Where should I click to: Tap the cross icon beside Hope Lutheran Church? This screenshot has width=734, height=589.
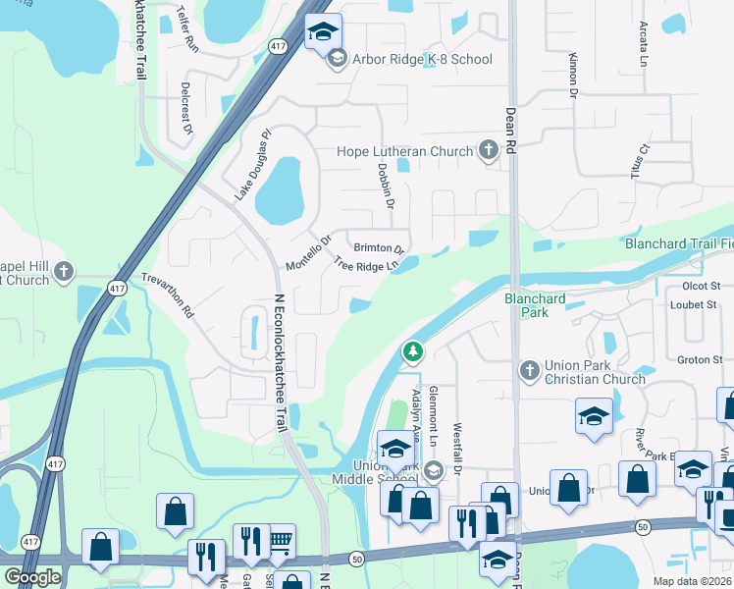(489, 151)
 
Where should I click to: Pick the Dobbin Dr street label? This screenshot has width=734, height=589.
(386, 186)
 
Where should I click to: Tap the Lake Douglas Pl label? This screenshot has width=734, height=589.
(252, 166)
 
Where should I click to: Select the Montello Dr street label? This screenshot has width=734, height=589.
(309, 252)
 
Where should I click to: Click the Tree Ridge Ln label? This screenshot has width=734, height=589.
(368, 264)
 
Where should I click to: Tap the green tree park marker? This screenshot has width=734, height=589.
(413, 350)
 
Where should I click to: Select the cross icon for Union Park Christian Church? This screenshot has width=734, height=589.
(530, 370)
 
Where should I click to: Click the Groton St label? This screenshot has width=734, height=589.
(700, 360)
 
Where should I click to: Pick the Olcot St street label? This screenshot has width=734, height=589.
(701, 286)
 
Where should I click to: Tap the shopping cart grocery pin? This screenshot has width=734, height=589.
(280, 539)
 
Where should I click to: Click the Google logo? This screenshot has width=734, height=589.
(32, 577)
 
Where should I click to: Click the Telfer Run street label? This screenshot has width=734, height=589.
(187, 29)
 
